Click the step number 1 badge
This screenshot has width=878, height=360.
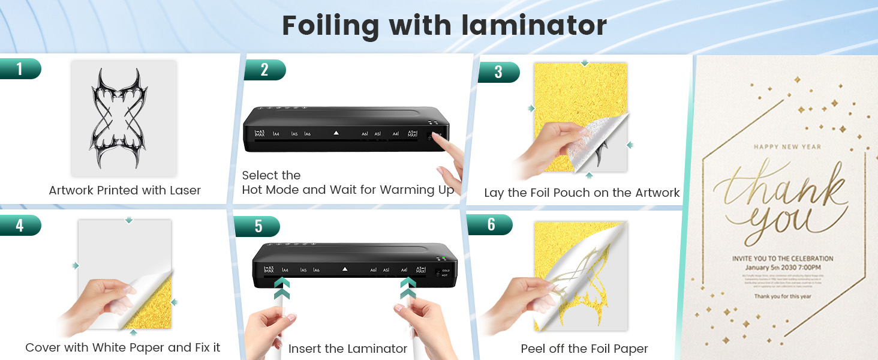(19, 69)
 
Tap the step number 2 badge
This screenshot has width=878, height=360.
(264, 70)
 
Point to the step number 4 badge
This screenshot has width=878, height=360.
(19, 226)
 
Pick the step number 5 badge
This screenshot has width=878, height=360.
(258, 226)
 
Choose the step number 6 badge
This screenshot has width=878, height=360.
(491, 224)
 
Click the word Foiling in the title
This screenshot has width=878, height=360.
(331, 26)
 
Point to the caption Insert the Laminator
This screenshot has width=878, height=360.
(348, 349)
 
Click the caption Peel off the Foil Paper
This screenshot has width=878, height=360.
(584, 349)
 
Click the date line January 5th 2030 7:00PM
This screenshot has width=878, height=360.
(782, 267)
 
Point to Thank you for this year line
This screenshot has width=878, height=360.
(782, 296)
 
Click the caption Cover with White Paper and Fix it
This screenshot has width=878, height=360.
(123, 347)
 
